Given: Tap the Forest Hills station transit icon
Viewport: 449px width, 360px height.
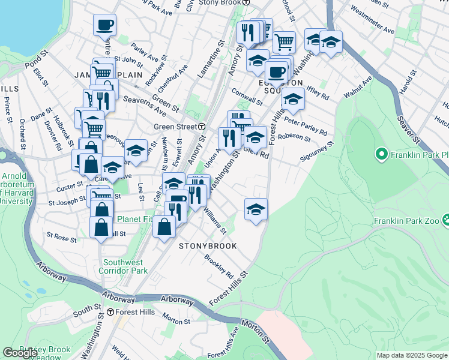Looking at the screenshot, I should tap(110, 312).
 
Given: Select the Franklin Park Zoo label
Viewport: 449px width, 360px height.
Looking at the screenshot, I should tap(407, 221).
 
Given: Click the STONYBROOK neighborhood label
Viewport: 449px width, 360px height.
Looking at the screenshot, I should tap(207, 246).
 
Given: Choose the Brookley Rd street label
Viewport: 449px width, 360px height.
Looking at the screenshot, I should tap(218, 266).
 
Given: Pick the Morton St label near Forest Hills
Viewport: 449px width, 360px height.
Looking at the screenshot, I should tap(176, 322).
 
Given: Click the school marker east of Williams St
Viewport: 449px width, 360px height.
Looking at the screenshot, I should tap(256, 209).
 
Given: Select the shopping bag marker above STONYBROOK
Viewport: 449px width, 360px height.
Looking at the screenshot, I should tap(164, 227).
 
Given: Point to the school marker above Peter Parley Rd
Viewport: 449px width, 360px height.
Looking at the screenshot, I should tap(293, 98).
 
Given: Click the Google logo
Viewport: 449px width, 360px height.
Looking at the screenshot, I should tap(20, 353).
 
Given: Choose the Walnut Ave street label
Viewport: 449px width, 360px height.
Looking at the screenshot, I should tap(357, 87).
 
